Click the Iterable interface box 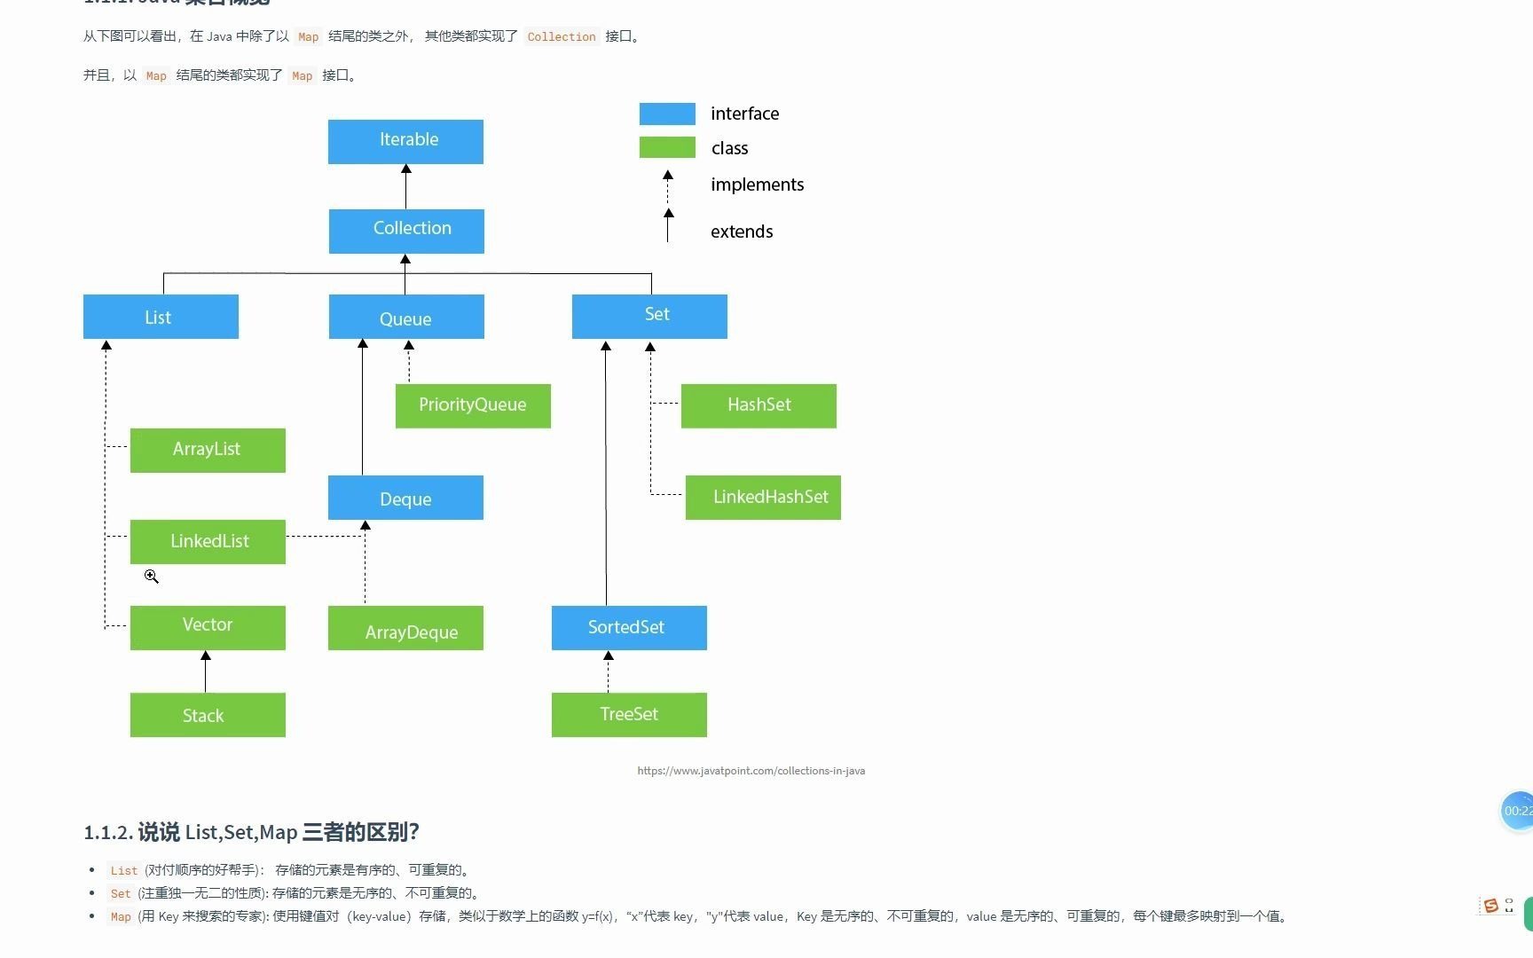[x=405, y=142]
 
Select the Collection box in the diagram [x=406, y=231]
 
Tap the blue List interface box [x=161, y=317]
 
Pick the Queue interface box [x=406, y=317]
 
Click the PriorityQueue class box [x=473, y=405]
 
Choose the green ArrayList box [x=208, y=450]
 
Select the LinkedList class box [x=208, y=541]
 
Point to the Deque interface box [x=405, y=498]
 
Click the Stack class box [x=208, y=715]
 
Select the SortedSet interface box [x=629, y=627]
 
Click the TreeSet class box [x=629, y=715]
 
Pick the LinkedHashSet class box [x=763, y=497]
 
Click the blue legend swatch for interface [x=667, y=114]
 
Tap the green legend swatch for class [x=667, y=147]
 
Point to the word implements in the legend [x=757, y=185]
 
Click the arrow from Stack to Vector [x=206, y=671]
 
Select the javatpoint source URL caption [x=751, y=771]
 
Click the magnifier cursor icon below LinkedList [x=151, y=577]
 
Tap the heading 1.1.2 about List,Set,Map [x=251, y=832]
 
